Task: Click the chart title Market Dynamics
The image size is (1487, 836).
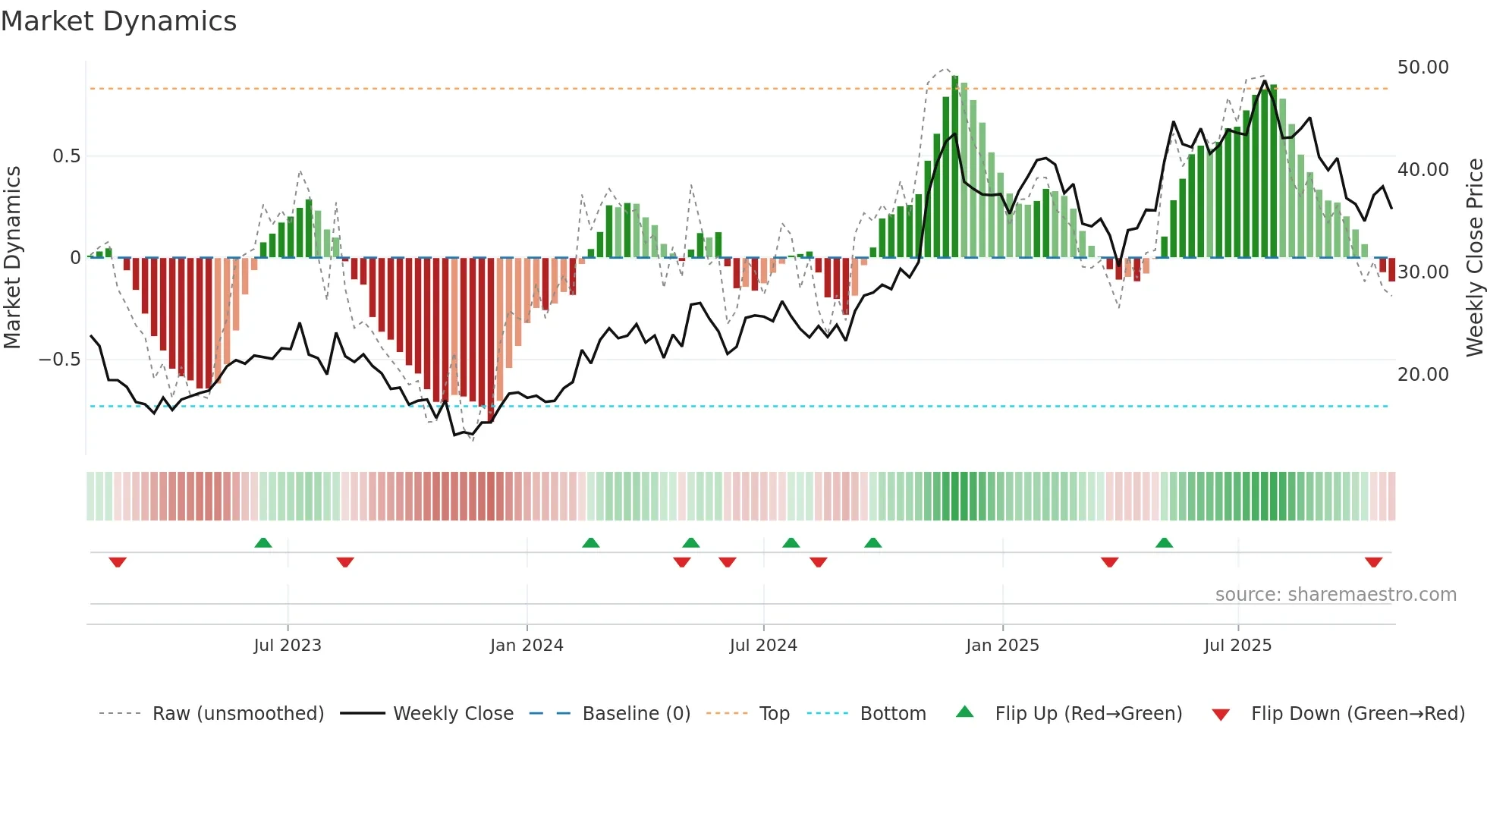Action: click(x=118, y=21)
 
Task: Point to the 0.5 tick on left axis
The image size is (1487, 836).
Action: click(x=66, y=156)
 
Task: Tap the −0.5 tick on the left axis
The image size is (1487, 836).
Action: click(x=59, y=360)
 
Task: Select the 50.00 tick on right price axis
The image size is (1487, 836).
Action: click(x=1423, y=68)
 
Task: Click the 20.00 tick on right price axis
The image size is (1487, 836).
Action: click(x=1423, y=374)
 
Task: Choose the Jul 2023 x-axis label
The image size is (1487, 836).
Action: click(x=288, y=646)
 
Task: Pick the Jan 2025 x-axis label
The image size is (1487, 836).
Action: click(x=1002, y=646)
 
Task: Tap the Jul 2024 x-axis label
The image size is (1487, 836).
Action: click(x=763, y=646)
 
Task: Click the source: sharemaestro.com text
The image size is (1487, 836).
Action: click(x=1335, y=595)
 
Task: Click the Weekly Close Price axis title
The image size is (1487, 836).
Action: click(x=1474, y=258)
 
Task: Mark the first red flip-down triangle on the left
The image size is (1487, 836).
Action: click(x=118, y=562)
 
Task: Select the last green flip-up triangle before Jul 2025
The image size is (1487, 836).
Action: click(x=1164, y=542)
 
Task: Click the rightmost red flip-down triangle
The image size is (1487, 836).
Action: click(x=1373, y=562)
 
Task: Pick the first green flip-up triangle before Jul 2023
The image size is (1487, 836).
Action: click(x=263, y=542)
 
